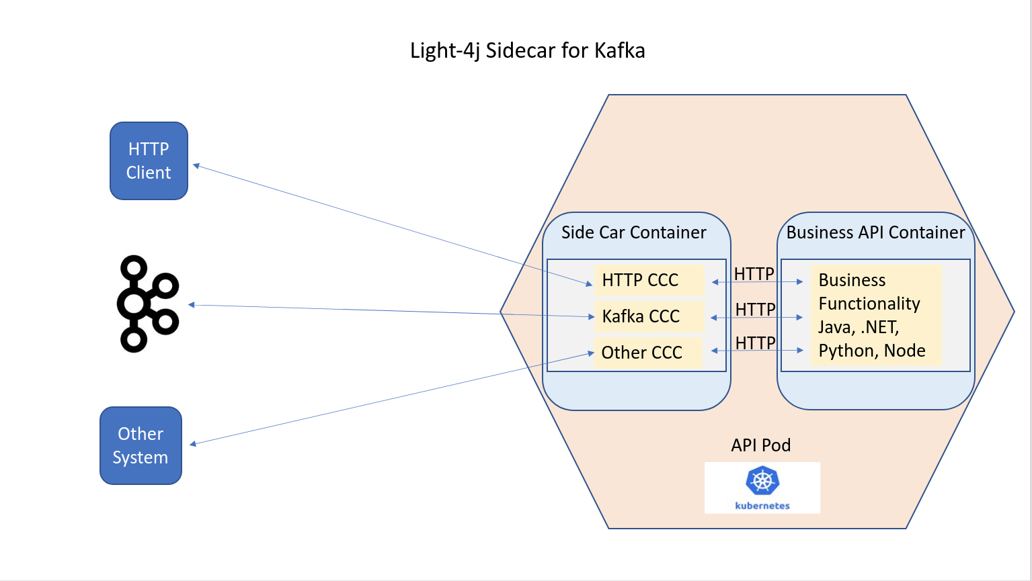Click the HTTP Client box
click(x=149, y=161)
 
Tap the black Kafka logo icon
click(x=147, y=303)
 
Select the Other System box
click(x=141, y=445)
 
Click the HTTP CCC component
click(x=640, y=280)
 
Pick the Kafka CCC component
click(x=641, y=316)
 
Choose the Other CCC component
click(x=641, y=353)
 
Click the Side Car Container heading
click(x=633, y=232)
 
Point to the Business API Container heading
click(x=875, y=232)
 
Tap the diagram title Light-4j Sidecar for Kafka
click(x=527, y=50)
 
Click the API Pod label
click(x=760, y=445)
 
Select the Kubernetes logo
click(x=762, y=488)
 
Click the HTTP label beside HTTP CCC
click(x=754, y=273)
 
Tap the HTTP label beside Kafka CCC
click(x=755, y=309)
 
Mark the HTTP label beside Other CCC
click(x=755, y=343)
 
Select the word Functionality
click(x=869, y=304)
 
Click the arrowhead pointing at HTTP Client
click(x=196, y=165)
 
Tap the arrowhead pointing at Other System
click(x=193, y=443)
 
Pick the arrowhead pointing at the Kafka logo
click(x=192, y=305)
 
